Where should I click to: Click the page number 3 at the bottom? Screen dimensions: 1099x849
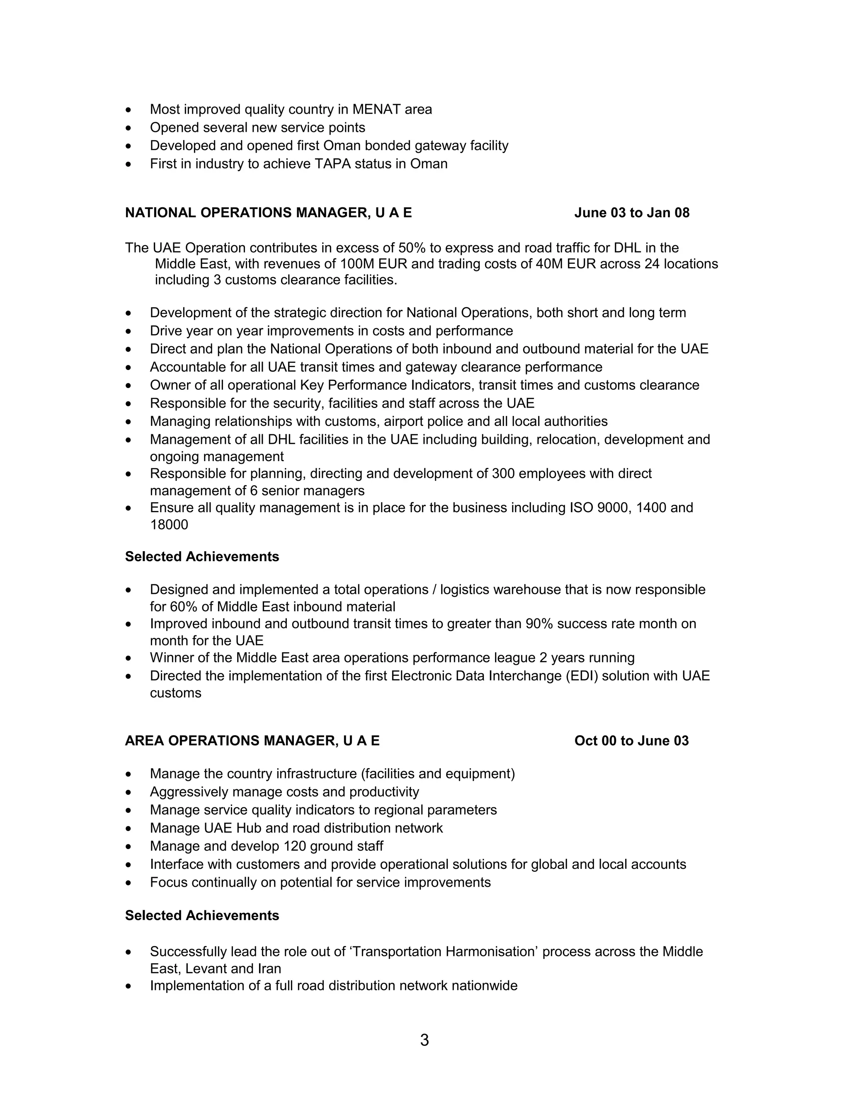click(424, 1040)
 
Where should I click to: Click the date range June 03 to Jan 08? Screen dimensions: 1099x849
click(632, 213)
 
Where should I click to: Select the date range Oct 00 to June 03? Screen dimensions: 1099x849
click(631, 741)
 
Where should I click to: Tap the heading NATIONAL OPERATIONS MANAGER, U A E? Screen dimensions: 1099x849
click(268, 213)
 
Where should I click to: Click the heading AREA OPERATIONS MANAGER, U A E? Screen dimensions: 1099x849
click(252, 741)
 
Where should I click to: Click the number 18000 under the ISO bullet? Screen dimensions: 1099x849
click(169, 525)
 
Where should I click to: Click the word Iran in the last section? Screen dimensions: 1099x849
click(269, 969)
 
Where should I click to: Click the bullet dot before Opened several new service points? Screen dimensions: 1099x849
click(129, 128)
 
